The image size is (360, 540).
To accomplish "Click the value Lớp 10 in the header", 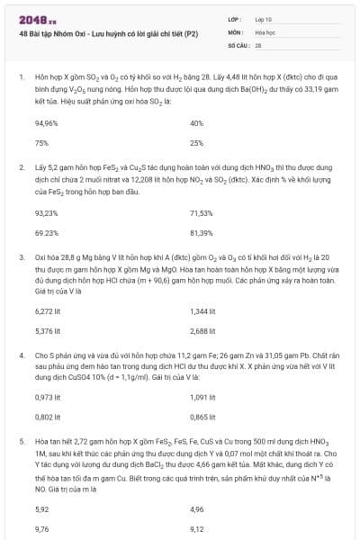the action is tap(265, 18).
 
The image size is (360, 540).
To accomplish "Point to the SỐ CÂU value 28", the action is tap(258, 43).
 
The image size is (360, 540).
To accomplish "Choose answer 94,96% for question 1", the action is tap(47, 122).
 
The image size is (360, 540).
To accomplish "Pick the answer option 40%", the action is tap(197, 122).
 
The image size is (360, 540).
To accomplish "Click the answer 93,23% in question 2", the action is tap(47, 211).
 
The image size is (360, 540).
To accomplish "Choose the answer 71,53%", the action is tap(202, 211).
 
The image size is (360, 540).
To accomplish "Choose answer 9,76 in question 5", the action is tap(41, 528).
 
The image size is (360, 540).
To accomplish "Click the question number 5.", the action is tap(21, 443).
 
